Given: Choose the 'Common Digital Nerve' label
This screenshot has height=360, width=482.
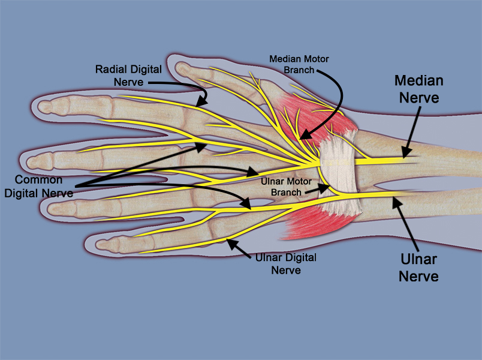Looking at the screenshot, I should [38, 187].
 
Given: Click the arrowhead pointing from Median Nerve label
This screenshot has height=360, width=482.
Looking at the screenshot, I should [406, 155].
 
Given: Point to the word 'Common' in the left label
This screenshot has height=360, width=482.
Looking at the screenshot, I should [38, 180].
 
